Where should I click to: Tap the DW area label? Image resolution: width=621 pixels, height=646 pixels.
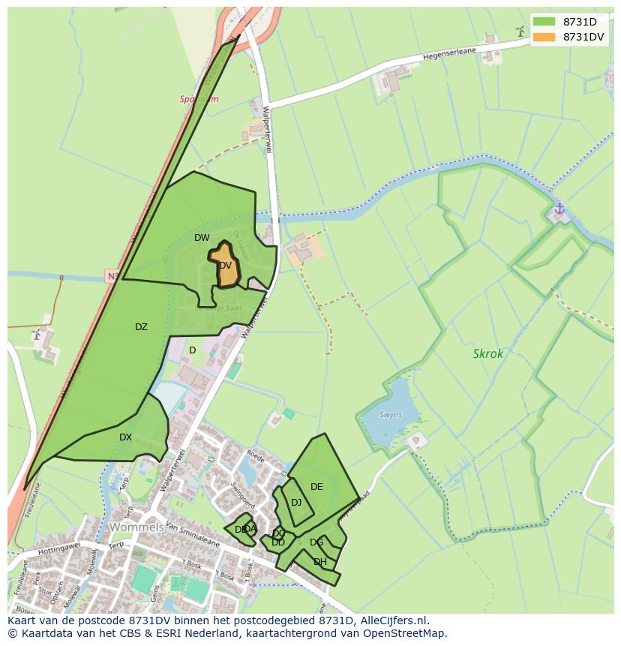tap(202, 238)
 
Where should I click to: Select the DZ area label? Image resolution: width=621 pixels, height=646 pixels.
tap(141, 327)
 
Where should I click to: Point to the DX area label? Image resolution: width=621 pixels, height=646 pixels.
tap(125, 437)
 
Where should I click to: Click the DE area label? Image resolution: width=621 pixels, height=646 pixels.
tap(316, 487)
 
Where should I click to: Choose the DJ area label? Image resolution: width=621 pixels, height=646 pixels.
tap(296, 503)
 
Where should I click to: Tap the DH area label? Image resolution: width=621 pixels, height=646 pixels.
tap(320, 562)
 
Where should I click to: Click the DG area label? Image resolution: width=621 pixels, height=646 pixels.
tap(316, 542)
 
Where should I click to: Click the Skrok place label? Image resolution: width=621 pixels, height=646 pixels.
tap(488, 353)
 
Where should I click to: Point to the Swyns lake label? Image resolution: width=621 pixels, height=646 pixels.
tap(390, 415)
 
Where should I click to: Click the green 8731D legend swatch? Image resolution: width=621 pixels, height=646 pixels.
tap(544, 21)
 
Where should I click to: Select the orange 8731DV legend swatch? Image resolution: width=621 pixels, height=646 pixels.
tap(544, 37)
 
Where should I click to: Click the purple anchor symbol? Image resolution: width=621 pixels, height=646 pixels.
tap(559, 209)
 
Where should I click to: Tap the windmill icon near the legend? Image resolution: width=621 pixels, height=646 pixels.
tap(520, 31)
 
